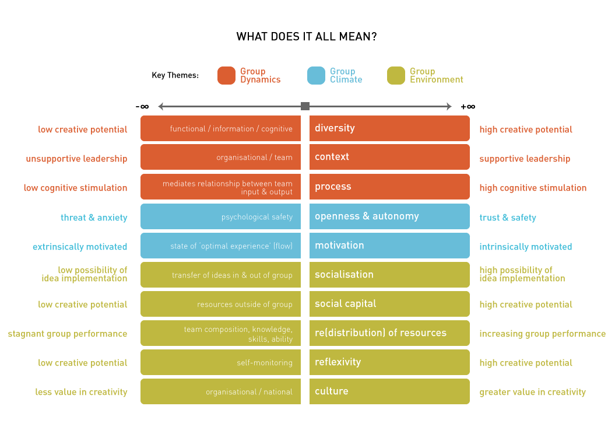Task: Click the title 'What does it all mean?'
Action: pos(306,37)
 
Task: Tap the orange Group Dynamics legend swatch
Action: pos(226,75)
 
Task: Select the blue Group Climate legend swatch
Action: pos(316,75)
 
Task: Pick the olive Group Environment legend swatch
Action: pos(396,75)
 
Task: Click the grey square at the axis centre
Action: pos(305,106)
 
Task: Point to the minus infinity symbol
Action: pos(142,106)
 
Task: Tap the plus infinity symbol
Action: pos(468,106)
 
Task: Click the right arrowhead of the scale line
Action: pos(449,106)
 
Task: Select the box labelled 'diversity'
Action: pos(389,128)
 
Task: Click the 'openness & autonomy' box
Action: pos(389,216)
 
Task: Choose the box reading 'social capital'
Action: pos(389,304)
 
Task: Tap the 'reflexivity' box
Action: pos(389,362)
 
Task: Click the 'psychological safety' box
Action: pos(220,216)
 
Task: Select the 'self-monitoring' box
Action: pos(220,362)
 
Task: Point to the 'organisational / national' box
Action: pos(220,391)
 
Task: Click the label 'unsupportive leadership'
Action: pos(76,159)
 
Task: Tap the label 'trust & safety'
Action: pos(508,218)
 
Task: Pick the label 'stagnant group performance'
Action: pos(68,334)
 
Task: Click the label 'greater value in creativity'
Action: pos(533,392)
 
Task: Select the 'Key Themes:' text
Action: pos(175,75)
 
